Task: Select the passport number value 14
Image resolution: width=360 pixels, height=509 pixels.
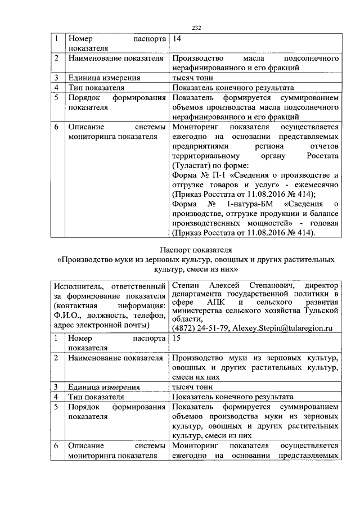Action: coord(177,39)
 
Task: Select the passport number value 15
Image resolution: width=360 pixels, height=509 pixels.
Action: coord(177,339)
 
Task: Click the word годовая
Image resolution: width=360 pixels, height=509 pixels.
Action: coord(323,222)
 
